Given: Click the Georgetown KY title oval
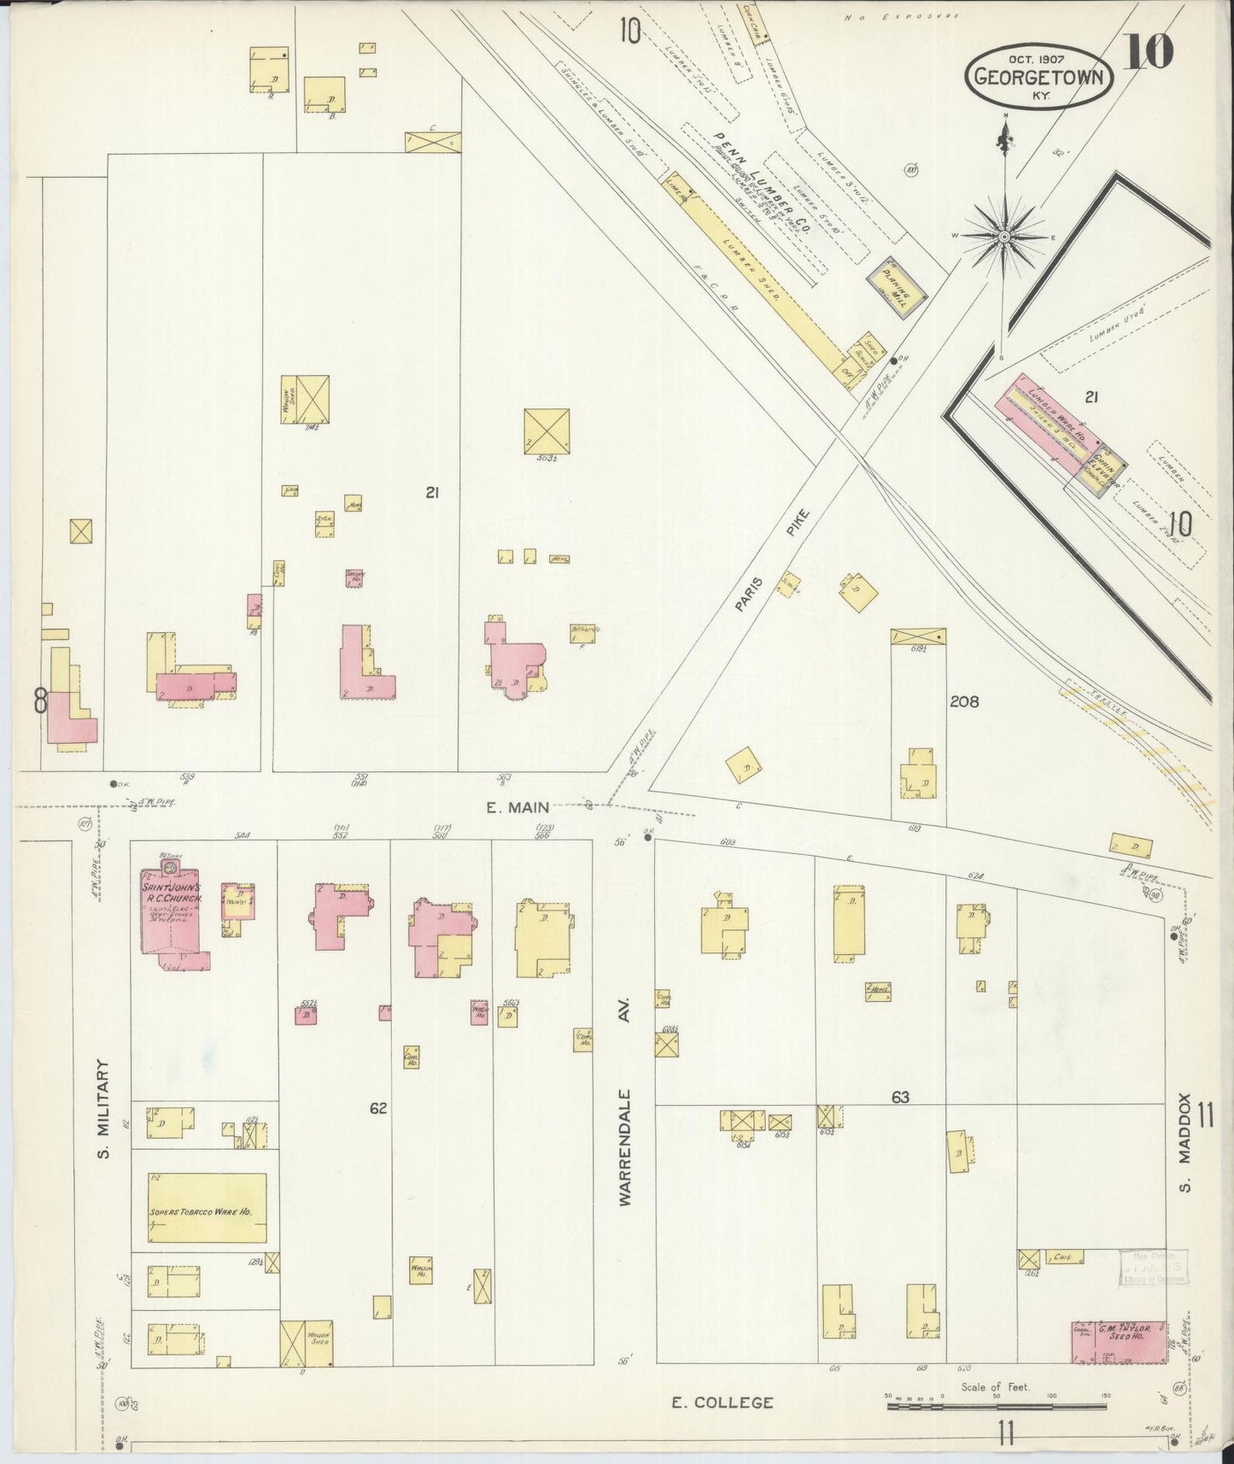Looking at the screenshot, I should click(1039, 78).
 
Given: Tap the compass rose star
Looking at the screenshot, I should click(1005, 236).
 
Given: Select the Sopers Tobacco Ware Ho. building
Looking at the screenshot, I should click(206, 1207).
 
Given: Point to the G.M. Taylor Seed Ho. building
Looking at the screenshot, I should click(1119, 1342).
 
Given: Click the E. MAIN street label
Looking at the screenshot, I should click(518, 807).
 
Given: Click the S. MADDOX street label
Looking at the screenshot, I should click(1184, 1142).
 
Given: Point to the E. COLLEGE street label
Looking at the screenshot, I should click(722, 1402).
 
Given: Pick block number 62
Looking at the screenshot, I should click(378, 1108).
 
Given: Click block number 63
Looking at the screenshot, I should click(900, 1097).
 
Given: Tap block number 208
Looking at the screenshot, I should click(964, 701).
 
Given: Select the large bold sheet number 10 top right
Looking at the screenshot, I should click(1148, 51).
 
